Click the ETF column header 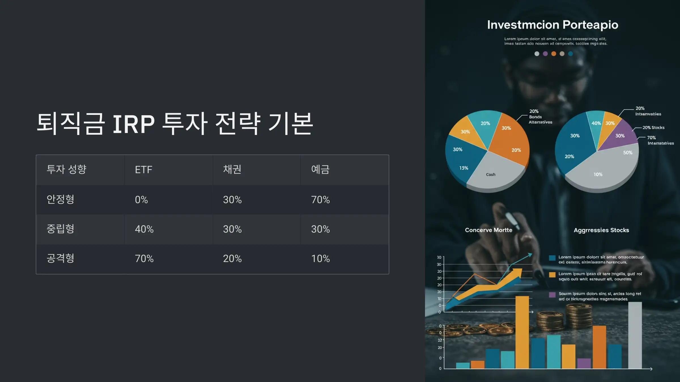(143, 170)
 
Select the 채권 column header (232, 169)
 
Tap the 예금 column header (320, 169)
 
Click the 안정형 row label (60, 199)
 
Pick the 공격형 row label (60, 258)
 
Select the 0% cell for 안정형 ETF (141, 200)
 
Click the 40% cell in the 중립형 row (144, 229)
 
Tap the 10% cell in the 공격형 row (320, 259)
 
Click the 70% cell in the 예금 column (320, 200)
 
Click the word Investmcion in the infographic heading (523, 25)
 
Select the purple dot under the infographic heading (545, 54)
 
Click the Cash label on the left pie (491, 175)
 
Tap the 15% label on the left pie (464, 168)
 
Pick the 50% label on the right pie (628, 153)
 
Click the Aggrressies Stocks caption (601, 230)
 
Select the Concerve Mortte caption (488, 230)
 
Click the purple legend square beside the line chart (552, 295)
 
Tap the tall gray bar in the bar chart (635, 335)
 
